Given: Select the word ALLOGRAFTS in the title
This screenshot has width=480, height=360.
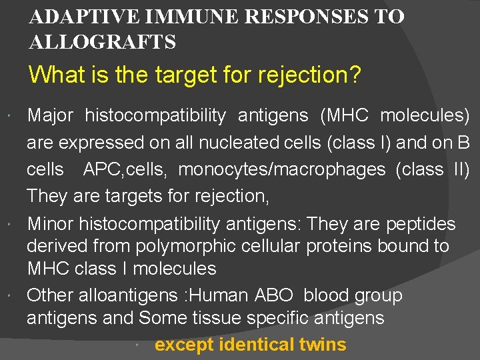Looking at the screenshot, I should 103,43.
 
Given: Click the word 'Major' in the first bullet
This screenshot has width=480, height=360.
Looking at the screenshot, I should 50,115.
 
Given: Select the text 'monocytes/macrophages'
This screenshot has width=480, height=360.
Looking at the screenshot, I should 281,169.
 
